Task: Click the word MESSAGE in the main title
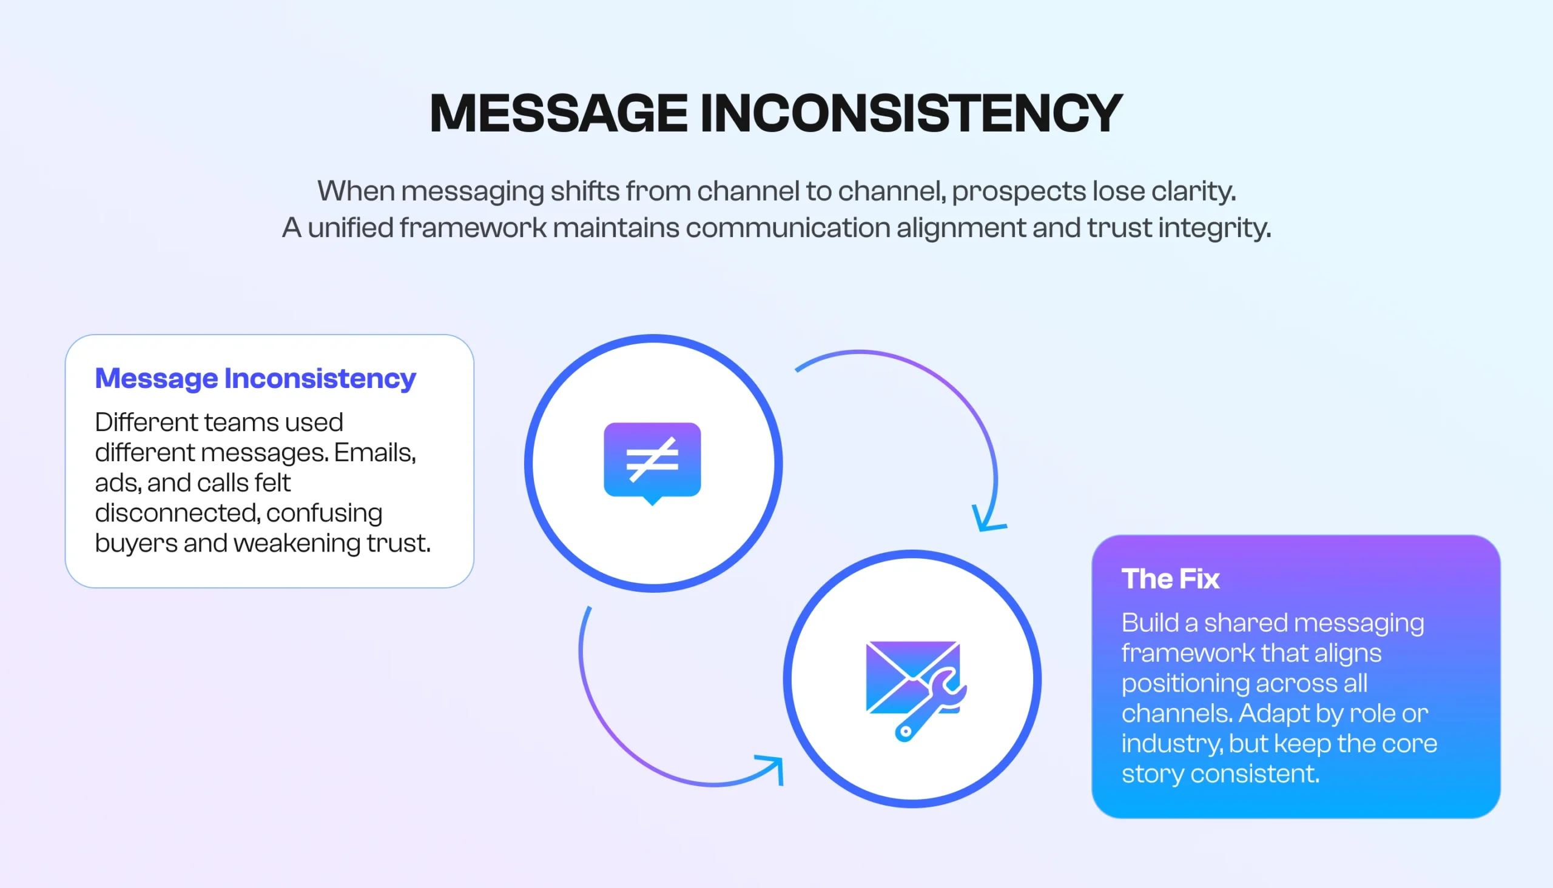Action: coord(558,113)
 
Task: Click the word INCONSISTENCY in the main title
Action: coord(911,113)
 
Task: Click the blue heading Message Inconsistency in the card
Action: coord(255,378)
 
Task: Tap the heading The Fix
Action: coord(1170,579)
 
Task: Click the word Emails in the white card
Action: coord(374,453)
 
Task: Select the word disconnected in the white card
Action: coord(178,513)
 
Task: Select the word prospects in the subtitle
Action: coord(1018,191)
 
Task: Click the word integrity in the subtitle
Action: coord(1214,228)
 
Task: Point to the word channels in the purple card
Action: coord(1176,713)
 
